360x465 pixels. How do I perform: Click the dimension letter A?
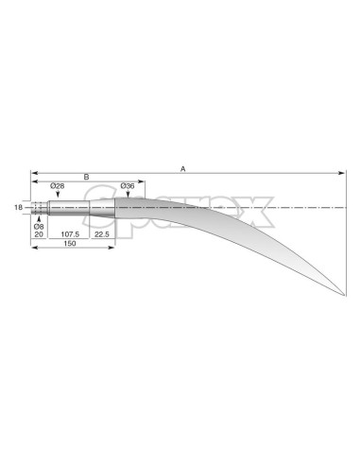183,168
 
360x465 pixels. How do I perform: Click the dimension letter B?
86,177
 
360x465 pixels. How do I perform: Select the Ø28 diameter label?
58,186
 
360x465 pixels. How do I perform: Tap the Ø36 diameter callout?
129,186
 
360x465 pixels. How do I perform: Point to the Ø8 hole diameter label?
39,227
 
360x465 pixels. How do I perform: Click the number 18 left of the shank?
19,206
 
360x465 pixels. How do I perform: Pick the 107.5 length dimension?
70,234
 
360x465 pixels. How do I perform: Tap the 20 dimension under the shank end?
39,234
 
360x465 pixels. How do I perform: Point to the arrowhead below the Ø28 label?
58,196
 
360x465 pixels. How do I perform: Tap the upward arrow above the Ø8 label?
39,216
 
